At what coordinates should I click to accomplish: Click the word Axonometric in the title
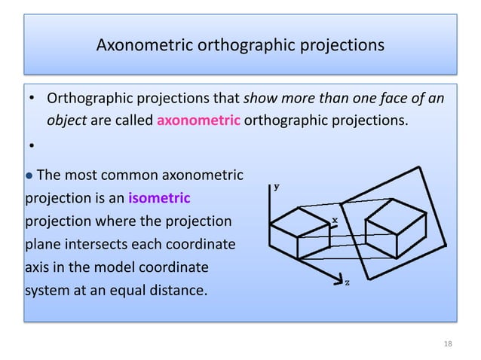[x=145, y=46]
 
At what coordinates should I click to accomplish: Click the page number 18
[x=449, y=343]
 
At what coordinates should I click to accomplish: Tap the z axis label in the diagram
[x=347, y=282]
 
